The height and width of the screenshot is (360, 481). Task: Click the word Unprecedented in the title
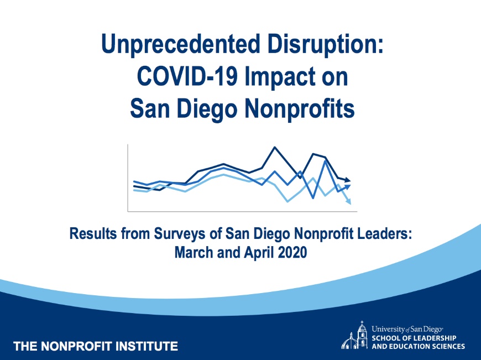click(x=181, y=44)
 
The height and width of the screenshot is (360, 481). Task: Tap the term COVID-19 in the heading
click(x=187, y=76)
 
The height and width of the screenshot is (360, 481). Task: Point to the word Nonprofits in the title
click(x=300, y=109)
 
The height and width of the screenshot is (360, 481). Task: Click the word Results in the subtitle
click(x=93, y=233)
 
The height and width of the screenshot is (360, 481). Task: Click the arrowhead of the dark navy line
click(x=347, y=180)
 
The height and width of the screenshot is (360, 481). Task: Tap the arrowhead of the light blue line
click(x=348, y=202)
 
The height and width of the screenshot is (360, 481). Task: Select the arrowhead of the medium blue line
click(x=347, y=186)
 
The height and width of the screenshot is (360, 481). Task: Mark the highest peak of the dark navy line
click(x=275, y=148)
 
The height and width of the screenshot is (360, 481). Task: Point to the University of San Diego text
click(x=407, y=330)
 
